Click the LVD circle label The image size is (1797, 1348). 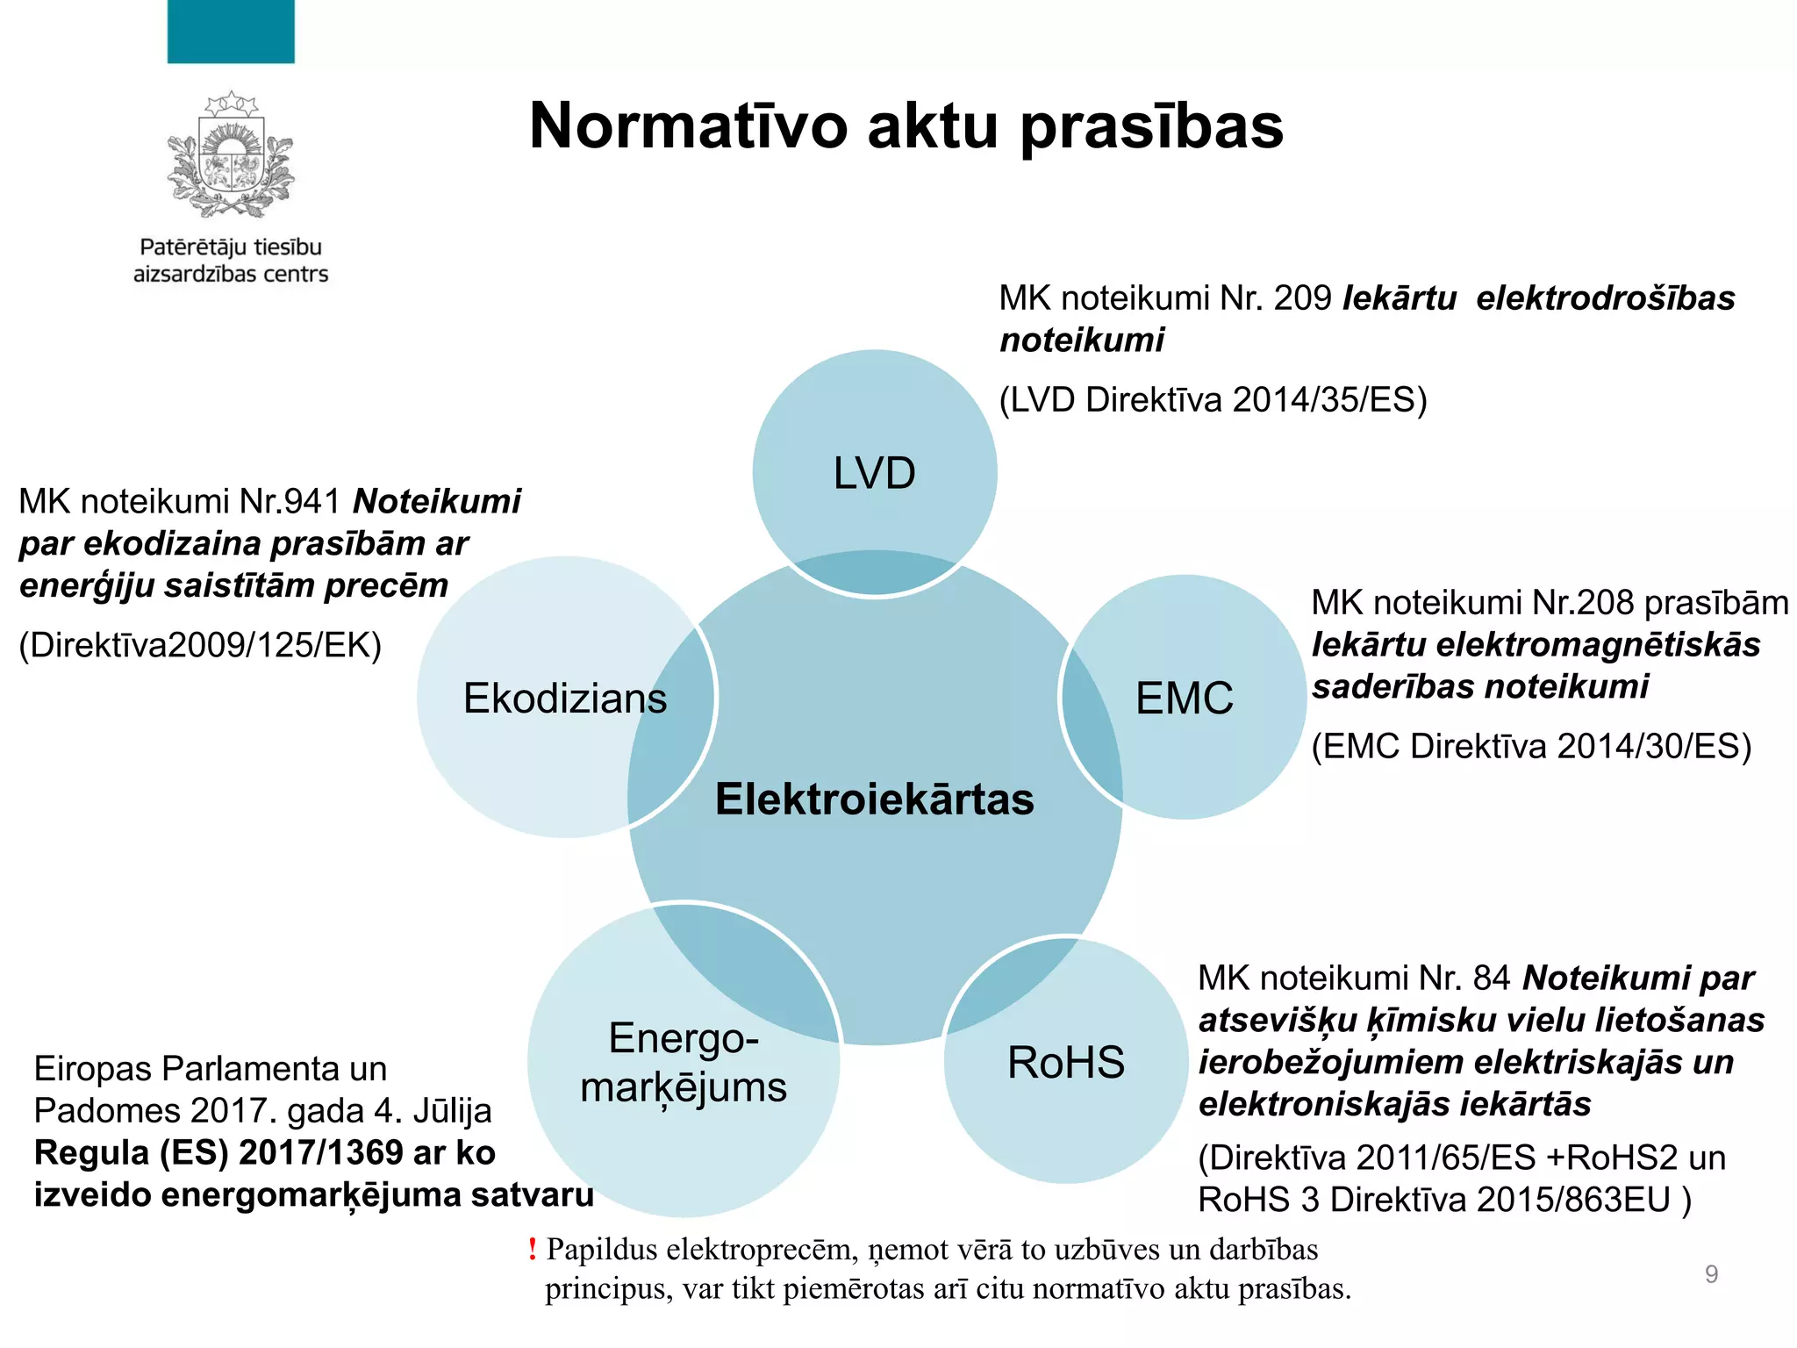tap(874, 474)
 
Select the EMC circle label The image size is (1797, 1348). tap(1184, 699)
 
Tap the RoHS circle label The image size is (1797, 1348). tap(1065, 1063)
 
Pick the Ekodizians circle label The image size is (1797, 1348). tap(564, 699)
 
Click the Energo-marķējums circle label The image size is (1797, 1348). tap(684, 1063)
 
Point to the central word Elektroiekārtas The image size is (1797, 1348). tap(874, 799)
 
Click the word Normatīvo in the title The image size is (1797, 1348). tap(689, 126)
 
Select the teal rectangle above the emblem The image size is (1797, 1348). tap(231, 32)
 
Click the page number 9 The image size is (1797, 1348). tap(1711, 1273)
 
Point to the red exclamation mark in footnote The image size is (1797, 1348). tap(532, 1249)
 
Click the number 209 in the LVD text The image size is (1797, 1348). tap(1302, 298)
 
